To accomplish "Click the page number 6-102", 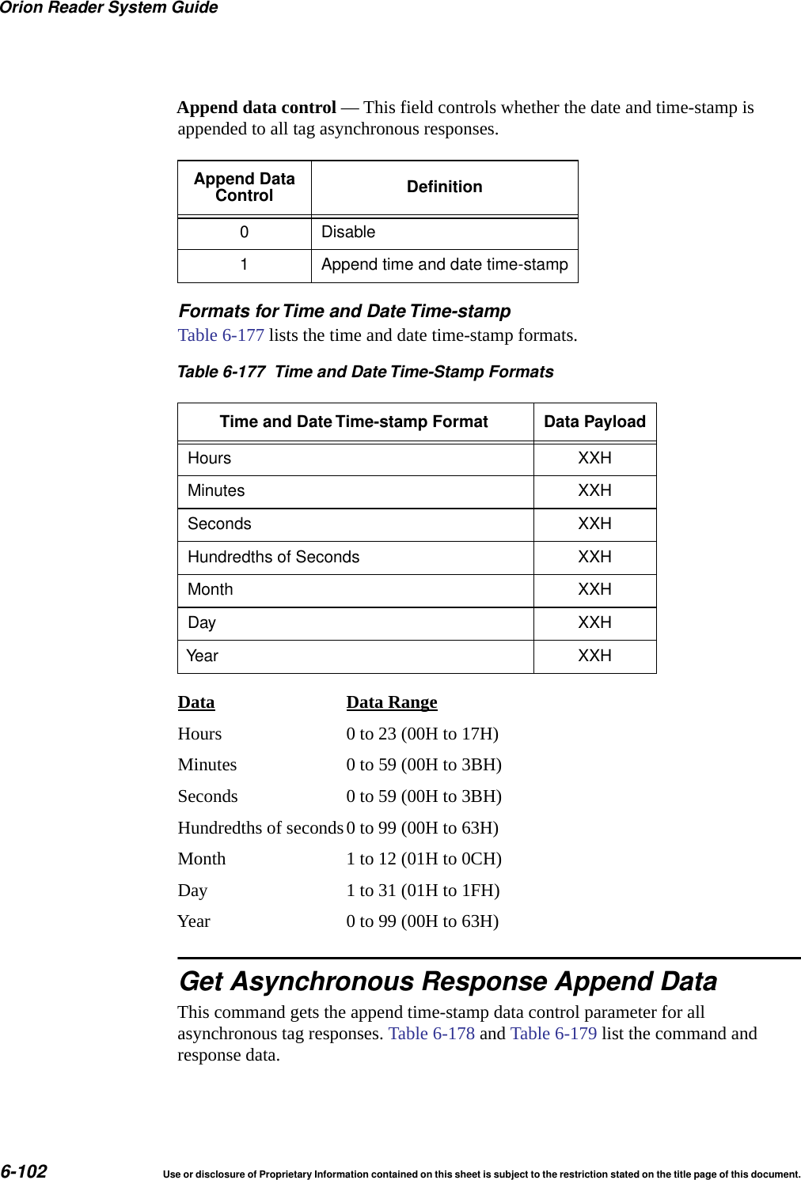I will pyautogui.click(x=24, y=1171).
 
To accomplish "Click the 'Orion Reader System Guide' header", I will pyautogui.click(x=109, y=8).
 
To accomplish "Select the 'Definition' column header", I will pyautogui.click(x=444, y=187).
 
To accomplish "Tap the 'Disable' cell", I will pyautogui.click(x=348, y=233).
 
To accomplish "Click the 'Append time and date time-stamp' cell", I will pyautogui.click(x=444, y=265).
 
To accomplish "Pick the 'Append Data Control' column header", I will pyautogui.click(x=244, y=187).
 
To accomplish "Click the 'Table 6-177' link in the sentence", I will pyautogui.click(x=221, y=335).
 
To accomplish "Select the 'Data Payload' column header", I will pyautogui.click(x=594, y=422).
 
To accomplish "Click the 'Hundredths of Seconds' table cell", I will pyautogui.click(x=273, y=558).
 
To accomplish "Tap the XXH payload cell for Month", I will pyautogui.click(x=594, y=590).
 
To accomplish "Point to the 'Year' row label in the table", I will pyautogui.click(x=203, y=656).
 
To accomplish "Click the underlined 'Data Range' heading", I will pyautogui.click(x=391, y=702).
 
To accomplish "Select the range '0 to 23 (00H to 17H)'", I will pyautogui.click(x=422, y=734).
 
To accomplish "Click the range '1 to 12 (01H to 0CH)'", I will pyautogui.click(x=423, y=859).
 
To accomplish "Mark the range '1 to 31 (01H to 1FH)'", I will pyautogui.click(x=423, y=891).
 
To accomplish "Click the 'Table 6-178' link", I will pyautogui.click(x=431, y=1034).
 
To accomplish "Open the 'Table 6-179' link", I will pyautogui.click(x=553, y=1034).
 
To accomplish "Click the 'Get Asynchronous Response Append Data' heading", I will pyautogui.click(x=448, y=981).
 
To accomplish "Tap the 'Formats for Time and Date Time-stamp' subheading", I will pyautogui.click(x=344, y=312).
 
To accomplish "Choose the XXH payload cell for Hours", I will pyautogui.click(x=594, y=459).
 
